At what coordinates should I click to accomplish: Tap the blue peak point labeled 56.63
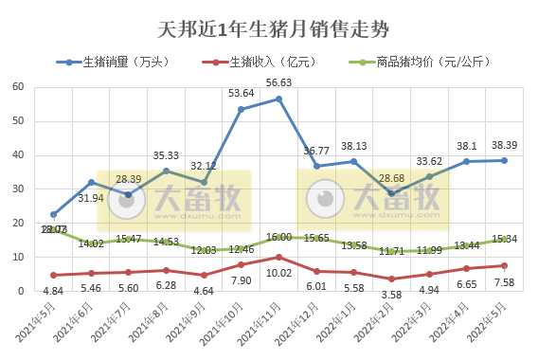(278, 99)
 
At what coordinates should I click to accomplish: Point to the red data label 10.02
(278, 273)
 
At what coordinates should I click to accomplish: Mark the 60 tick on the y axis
(18, 86)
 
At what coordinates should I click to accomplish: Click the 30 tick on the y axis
(18, 189)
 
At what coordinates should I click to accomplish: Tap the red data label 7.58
(503, 282)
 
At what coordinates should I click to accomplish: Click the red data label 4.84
(54, 290)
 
